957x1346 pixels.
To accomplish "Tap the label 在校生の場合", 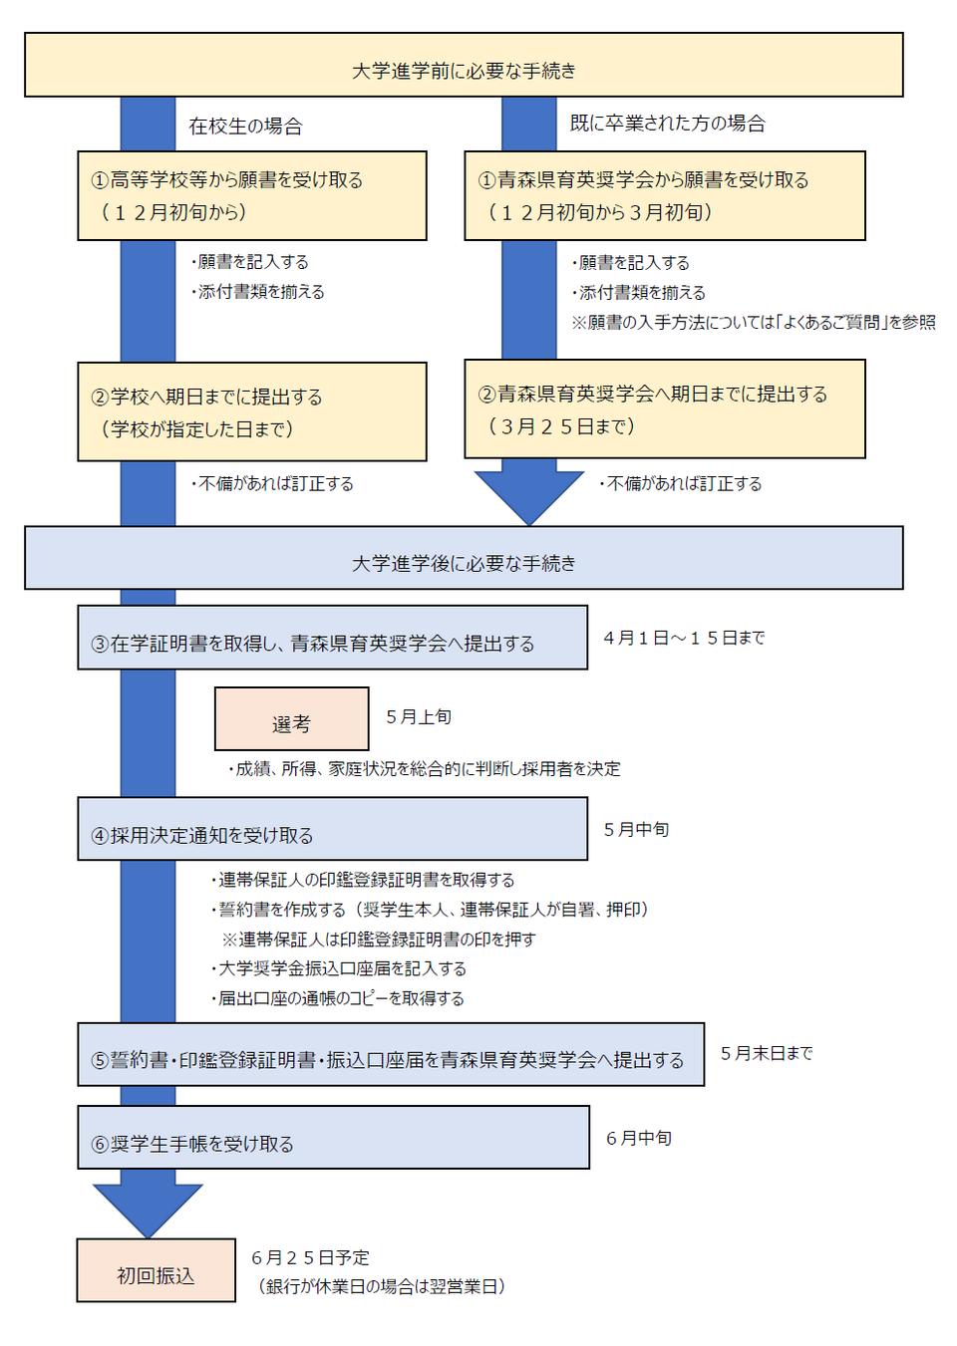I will [245, 127].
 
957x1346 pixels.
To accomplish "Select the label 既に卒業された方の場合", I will [667, 124].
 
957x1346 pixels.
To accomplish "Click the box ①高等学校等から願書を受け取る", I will [252, 195].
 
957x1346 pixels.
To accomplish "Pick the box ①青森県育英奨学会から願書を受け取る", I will [664, 195].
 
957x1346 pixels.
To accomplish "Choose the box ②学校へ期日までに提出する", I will [252, 411].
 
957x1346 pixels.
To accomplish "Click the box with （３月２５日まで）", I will [664, 409].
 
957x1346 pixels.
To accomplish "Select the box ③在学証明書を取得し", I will [332, 638].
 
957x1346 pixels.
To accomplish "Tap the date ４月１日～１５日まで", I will [684, 638].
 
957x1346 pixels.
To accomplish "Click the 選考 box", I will [291, 719].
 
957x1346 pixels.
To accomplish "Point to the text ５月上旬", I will [419, 717].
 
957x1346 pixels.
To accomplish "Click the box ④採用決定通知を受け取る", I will [332, 829].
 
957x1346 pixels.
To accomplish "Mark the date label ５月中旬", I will [636, 830].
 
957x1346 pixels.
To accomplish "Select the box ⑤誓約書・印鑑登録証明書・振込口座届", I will [391, 1054].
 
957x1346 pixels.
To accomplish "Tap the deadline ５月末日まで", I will [767, 1053].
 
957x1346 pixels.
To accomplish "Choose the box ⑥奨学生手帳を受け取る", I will [333, 1138].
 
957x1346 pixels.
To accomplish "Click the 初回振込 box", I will [156, 1270].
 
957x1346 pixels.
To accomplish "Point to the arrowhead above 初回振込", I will [148, 1208].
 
